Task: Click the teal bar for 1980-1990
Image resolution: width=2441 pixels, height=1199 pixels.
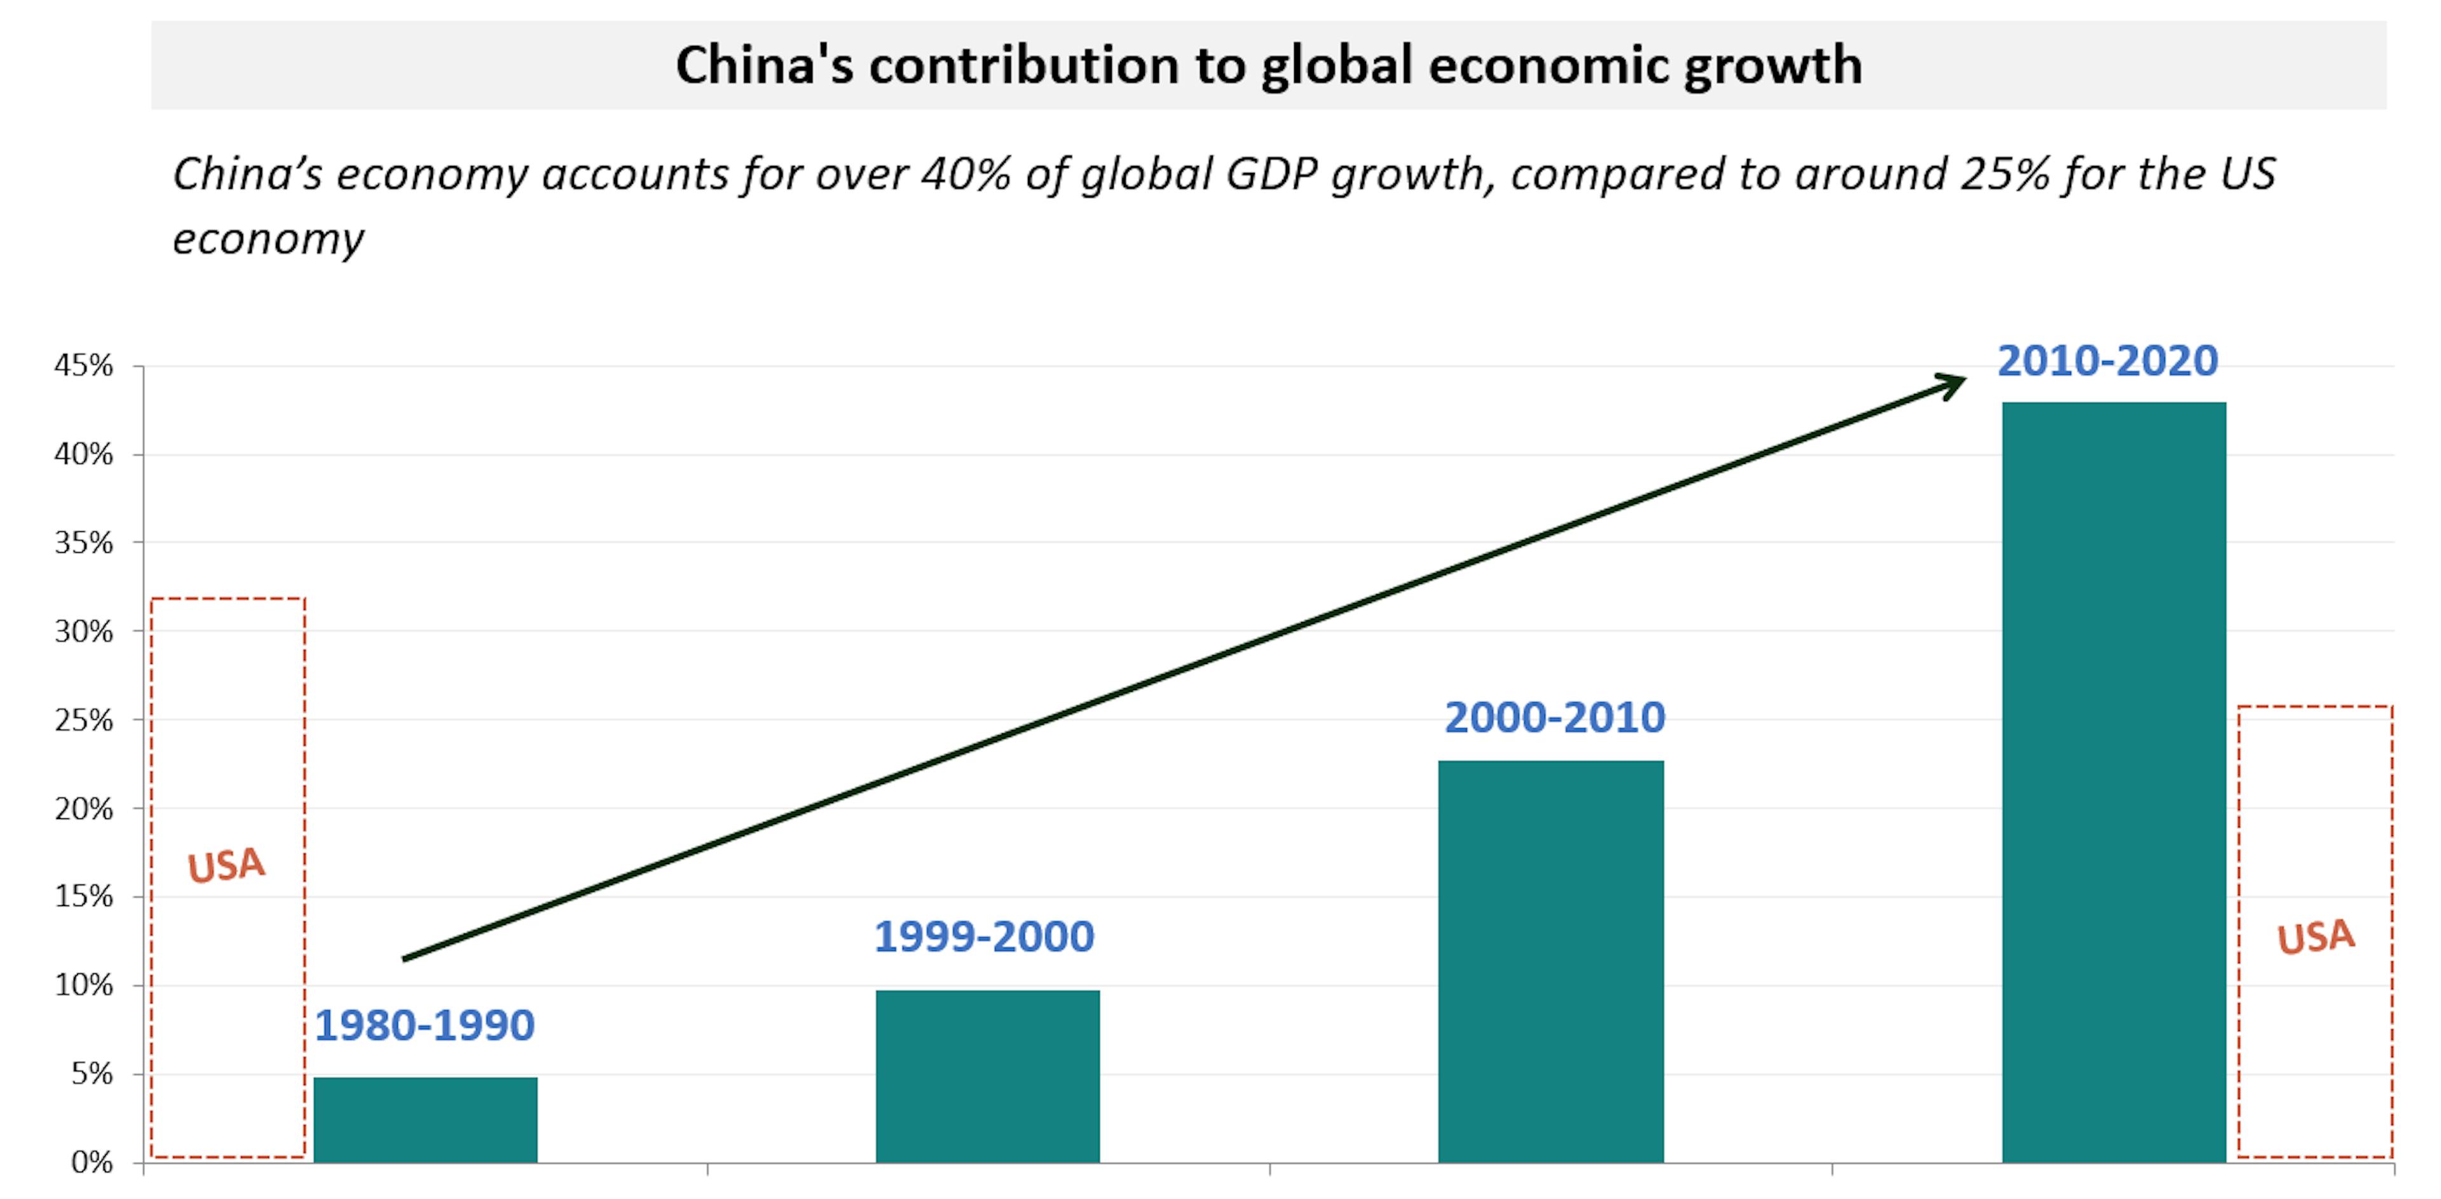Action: pyautogui.click(x=425, y=1120)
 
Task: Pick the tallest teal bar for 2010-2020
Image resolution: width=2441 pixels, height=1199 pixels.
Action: pyautogui.click(x=2113, y=782)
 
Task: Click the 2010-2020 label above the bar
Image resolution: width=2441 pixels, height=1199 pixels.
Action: pyautogui.click(x=2107, y=361)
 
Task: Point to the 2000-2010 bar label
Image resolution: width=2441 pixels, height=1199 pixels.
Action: pyautogui.click(x=1554, y=717)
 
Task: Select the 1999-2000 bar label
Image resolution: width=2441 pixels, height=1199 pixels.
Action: pyautogui.click(x=983, y=937)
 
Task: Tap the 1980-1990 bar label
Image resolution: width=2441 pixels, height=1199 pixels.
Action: pyautogui.click(x=425, y=1026)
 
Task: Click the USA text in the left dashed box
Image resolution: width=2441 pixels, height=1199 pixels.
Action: pyautogui.click(x=226, y=865)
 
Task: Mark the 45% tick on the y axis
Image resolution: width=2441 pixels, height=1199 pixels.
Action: pyautogui.click(x=83, y=365)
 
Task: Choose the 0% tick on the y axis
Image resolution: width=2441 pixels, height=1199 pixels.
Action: pyautogui.click(x=92, y=1163)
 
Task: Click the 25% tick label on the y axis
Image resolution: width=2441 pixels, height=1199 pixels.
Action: pyautogui.click(x=83, y=721)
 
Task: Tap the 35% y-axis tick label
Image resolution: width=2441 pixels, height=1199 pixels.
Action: pyautogui.click(x=83, y=543)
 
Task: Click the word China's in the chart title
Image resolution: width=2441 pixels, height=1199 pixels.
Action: pyautogui.click(x=763, y=65)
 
